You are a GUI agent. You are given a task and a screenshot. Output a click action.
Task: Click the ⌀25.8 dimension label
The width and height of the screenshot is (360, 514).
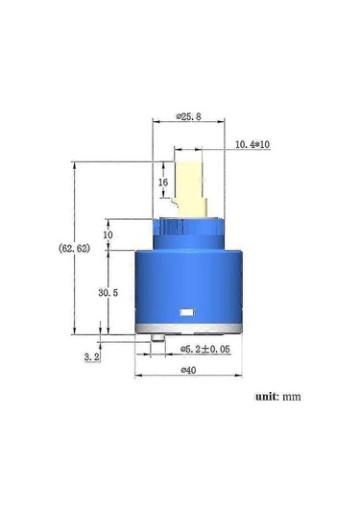[x=187, y=116]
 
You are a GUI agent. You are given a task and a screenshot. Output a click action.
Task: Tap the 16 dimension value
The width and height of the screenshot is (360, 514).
[x=163, y=182]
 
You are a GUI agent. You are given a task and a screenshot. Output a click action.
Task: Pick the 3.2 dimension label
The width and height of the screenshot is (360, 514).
[x=92, y=356]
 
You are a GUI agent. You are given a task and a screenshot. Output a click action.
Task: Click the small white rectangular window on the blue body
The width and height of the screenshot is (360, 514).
[x=186, y=312]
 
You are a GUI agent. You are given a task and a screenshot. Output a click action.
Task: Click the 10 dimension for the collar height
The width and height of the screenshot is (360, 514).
[x=108, y=234]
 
